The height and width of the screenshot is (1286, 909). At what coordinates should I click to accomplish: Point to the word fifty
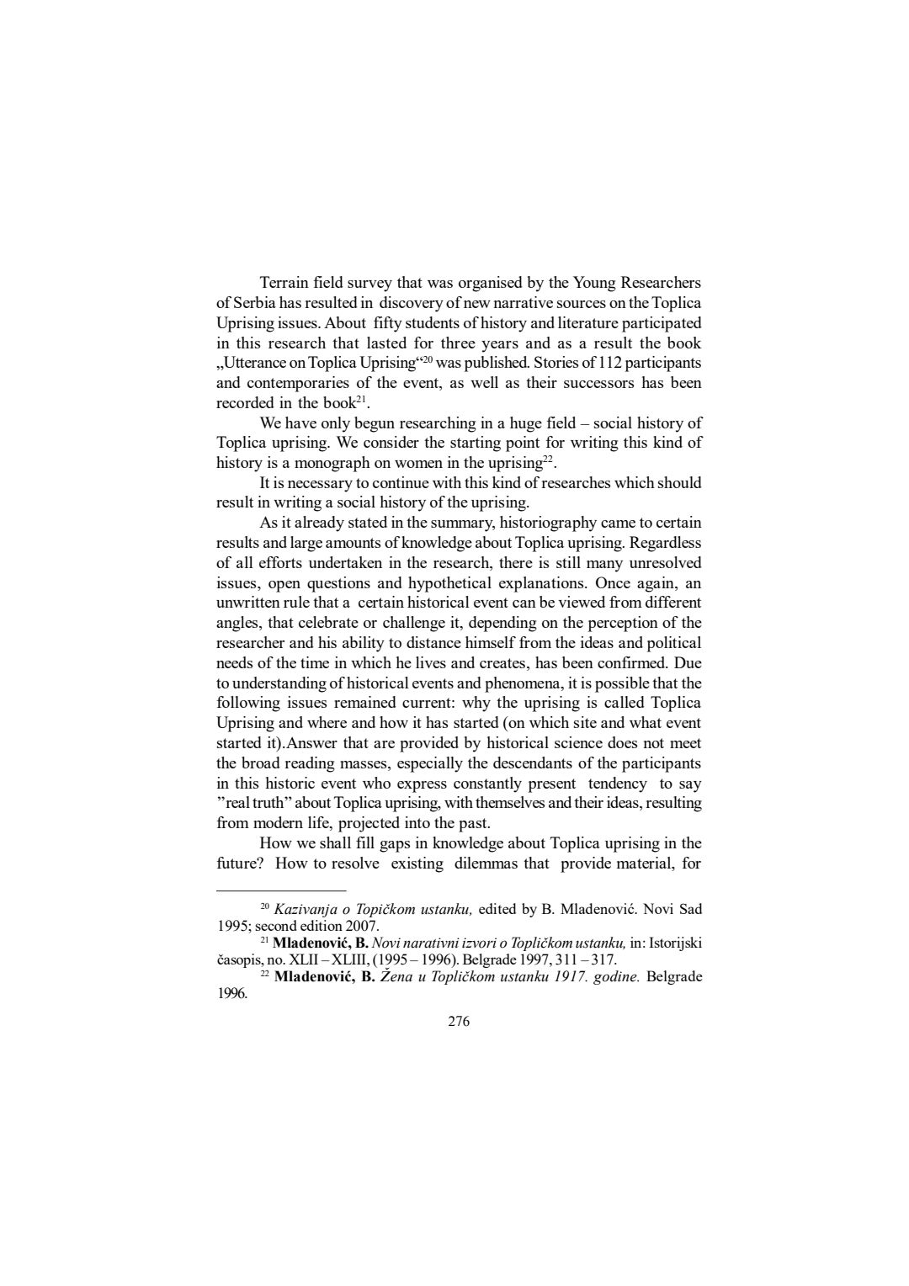click(392, 323)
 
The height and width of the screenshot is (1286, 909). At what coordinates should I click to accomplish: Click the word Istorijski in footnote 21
click(674, 943)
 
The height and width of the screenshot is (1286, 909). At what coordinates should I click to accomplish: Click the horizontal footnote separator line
click(281, 890)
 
